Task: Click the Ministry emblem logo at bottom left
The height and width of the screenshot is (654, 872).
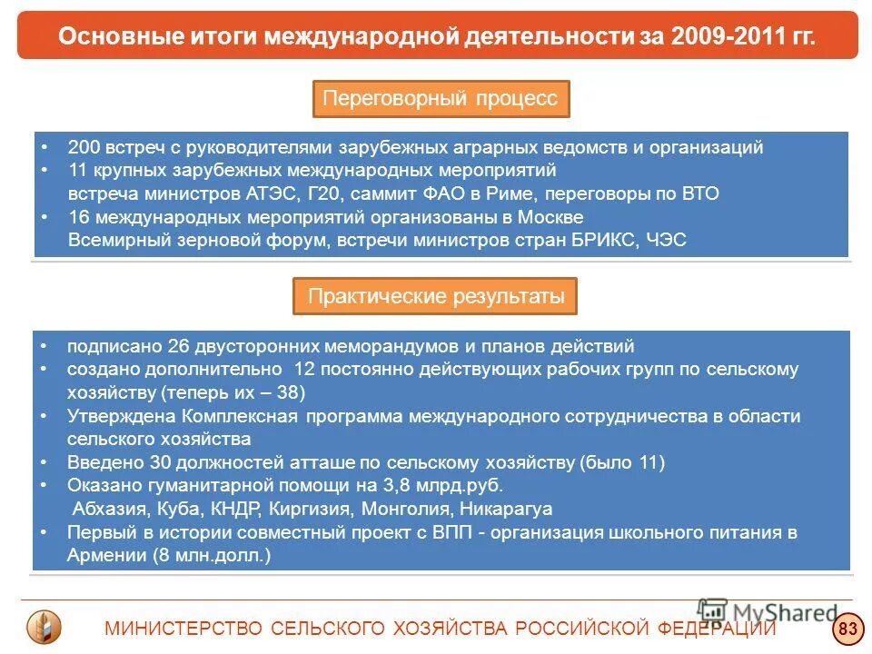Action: tap(45, 627)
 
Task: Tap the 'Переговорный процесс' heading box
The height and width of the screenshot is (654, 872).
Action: tap(441, 98)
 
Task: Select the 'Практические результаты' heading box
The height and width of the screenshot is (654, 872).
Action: tap(435, 296)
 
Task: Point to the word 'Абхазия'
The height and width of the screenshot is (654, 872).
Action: tap(110, 509)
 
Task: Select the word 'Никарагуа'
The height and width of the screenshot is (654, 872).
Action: tap(506, 509)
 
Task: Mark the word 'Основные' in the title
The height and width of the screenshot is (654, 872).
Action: tap(109, 35)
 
